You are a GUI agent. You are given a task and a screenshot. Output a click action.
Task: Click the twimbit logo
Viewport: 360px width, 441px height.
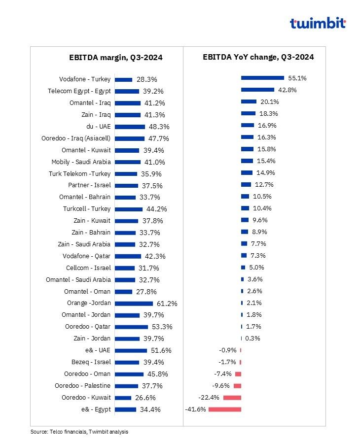[x=318, y=23]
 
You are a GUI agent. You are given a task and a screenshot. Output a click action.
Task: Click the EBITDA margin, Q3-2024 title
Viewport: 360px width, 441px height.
[x=116, y=58]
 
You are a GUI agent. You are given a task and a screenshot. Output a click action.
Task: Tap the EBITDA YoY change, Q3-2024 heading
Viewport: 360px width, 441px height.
[x=258, y=57]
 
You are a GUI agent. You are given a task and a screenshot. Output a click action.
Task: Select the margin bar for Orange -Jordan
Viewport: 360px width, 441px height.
[x=134, y=304]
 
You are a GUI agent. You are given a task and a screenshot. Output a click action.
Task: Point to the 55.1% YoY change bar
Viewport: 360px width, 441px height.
[x=262, y=78]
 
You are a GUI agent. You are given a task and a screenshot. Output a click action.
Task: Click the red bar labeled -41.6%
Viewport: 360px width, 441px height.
[x=225, y=409]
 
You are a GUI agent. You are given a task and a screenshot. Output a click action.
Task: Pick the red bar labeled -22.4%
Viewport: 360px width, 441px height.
[x=232, y=398]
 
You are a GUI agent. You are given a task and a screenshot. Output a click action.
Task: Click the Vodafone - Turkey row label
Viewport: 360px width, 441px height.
[x=85, y=79]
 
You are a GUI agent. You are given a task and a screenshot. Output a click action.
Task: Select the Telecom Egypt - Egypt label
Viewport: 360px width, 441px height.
[x=79, y=91]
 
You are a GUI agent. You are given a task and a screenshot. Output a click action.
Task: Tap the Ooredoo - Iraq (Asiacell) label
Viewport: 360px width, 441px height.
[x=76, y=138]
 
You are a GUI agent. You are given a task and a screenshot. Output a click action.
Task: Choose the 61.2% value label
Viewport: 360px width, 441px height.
[x=167, y=304]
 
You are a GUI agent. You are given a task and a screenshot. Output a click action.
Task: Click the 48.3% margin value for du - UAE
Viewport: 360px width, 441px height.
[x=159, y=127]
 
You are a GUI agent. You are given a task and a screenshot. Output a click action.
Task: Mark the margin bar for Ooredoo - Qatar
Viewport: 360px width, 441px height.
[x=132, y=327]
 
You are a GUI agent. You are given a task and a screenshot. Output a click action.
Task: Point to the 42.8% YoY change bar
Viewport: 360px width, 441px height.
[x=257, y=90]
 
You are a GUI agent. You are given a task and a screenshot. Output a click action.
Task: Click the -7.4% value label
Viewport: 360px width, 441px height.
[x=222, y=374]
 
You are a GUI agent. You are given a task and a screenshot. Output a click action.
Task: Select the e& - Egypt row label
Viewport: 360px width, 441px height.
[x=96, y=409]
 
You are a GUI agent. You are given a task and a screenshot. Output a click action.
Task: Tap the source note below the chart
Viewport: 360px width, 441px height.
[x=79, y=432]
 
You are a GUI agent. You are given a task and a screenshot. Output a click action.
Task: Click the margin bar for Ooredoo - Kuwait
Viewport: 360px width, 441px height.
[x=123, y=398]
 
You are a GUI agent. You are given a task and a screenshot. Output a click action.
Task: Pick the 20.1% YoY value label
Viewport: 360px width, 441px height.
[x=269, y=102]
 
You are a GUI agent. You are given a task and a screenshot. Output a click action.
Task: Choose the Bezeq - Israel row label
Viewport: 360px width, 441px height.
[x=91, y=362]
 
